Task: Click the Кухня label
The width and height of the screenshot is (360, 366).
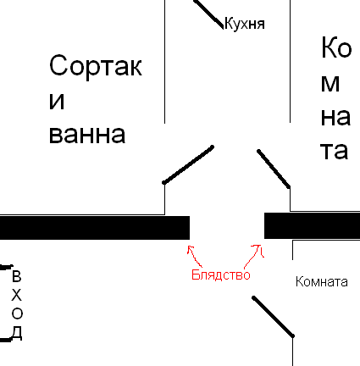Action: click(x=245, y=24)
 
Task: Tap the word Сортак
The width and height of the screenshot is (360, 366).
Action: click(x=96, y=66)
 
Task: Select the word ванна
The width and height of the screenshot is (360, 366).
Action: click(x=87, y=135)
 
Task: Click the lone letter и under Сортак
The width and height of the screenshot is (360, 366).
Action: click(x=57, y=101)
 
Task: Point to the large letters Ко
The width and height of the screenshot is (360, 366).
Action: click(x=336, y=47)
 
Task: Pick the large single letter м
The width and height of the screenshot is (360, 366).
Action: click(x=330, y=84)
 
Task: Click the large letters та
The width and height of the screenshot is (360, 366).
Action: click(x=334, y=151)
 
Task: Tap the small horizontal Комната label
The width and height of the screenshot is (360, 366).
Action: click(x=321, y=282)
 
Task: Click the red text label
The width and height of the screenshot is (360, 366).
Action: click(x=221, y=274)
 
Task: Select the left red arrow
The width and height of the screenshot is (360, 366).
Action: click(x=194, y=256)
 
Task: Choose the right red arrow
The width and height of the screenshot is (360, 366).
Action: click(x=253, y=256)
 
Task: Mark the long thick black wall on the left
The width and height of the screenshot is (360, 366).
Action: click(x=95, y=228)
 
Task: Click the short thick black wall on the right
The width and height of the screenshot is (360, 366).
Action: click(x=312, y=225)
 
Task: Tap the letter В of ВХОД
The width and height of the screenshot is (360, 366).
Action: click(x=17, y=276)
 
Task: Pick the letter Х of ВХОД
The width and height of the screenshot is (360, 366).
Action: click(x=17, y=295)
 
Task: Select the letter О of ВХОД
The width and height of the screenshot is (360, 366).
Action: click(x=17, y=313)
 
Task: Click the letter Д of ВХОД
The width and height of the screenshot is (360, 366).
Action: click(x=17, y=333)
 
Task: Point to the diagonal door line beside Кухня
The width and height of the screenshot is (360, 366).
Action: click(x=208, y=14)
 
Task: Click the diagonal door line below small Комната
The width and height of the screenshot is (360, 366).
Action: click(x=273, y=317)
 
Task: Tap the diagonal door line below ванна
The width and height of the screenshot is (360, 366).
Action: click(x=188, y=165)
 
